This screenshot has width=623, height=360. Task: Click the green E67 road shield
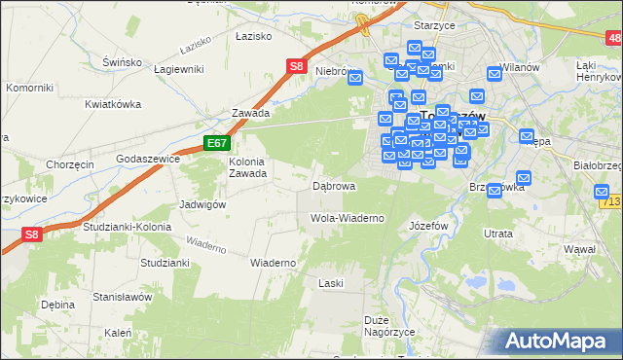coord(216,143)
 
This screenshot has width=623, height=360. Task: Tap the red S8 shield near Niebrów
coord(298,67)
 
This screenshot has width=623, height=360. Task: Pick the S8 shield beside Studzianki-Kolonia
coord(32,234)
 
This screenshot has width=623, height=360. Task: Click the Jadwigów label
coord(203,204)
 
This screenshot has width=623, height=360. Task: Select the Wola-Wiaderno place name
coord(347,218)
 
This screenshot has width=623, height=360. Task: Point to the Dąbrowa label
coord(333,185)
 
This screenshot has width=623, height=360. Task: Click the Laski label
coord(331,283)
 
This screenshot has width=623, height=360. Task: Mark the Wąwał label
coord(579,249)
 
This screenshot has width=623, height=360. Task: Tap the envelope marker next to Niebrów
coord(355,78)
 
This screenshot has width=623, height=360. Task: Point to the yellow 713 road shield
coord(612,201)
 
